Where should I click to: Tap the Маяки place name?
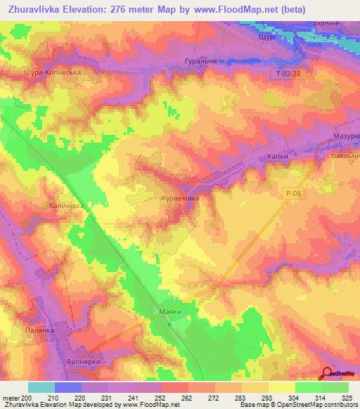[167, 311]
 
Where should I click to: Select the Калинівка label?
[67, 205]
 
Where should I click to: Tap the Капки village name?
[282, 150]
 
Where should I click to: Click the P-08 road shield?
[294, 192]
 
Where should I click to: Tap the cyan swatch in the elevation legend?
[41, 387]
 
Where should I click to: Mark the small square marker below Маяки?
[169, 324]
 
